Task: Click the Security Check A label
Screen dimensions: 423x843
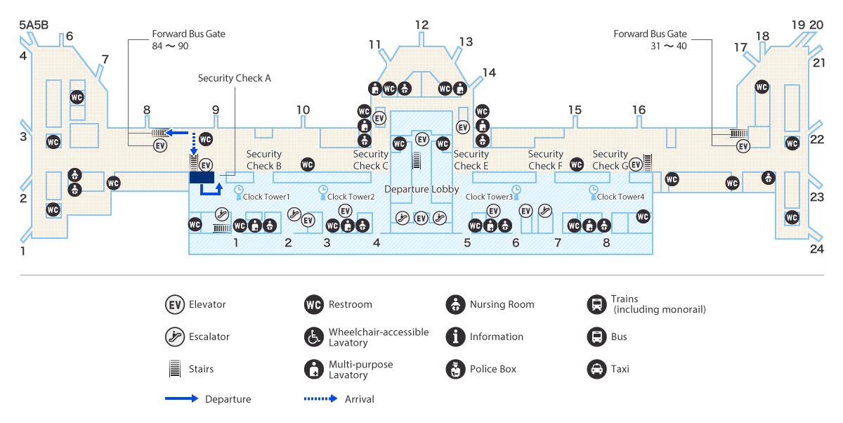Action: [234, 78]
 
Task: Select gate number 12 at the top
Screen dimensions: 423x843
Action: [421, 25]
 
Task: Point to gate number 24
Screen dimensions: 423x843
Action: [816, 248]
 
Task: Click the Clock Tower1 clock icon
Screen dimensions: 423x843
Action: [238, 189]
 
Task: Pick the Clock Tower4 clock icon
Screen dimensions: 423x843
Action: [593, 189]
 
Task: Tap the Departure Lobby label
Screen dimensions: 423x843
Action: [421, 190]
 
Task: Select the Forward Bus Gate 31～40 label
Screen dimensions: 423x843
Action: [650, 39]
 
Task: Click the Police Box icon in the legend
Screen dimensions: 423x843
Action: [456, 369]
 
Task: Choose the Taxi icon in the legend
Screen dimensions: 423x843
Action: [596, 369]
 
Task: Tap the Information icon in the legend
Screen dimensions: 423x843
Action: [456, 337]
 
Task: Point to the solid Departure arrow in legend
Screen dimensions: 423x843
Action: [181, 399]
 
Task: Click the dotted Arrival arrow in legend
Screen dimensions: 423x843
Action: [320, 399]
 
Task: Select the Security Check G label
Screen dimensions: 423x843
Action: [610, 160]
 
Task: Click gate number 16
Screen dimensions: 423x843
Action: [639, 110]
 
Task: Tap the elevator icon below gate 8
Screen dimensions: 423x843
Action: [160, 146]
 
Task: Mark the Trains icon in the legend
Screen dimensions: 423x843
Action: [596, 304]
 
